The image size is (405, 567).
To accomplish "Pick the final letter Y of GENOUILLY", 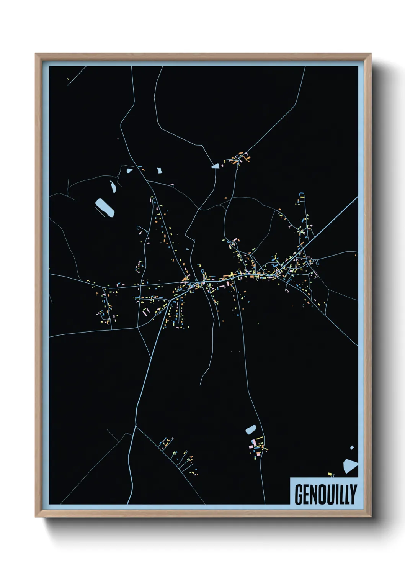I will coord(353,495).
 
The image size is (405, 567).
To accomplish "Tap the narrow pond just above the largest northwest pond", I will coord(113,187).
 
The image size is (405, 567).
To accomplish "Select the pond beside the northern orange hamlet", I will coord(215,166).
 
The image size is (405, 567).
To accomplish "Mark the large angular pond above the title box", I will coord(349,465).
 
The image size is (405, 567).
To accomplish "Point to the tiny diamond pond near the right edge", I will coord(352,447).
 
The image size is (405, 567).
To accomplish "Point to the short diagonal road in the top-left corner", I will coord(77,75).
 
